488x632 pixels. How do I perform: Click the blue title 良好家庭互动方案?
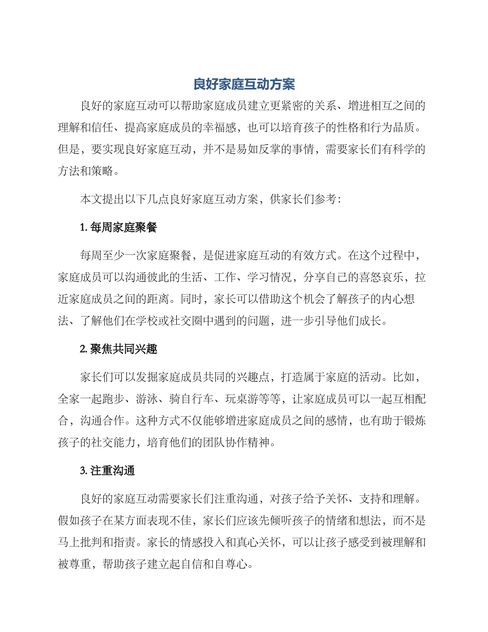(244, 84)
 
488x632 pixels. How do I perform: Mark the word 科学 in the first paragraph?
(402, 148)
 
